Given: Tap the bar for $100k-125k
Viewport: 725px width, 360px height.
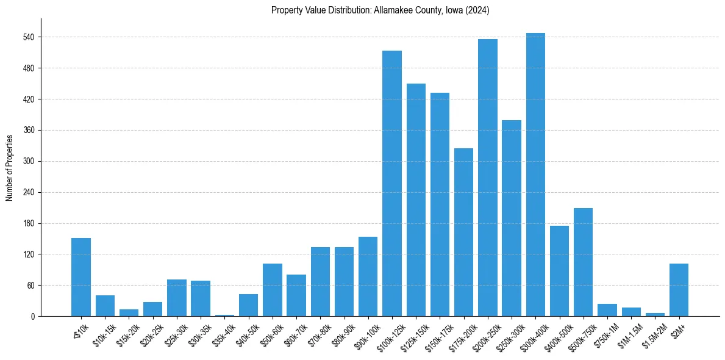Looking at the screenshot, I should tap(391, 183).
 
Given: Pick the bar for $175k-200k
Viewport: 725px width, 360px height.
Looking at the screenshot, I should tap(463, 232).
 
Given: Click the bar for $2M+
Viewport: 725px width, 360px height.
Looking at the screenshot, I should tap(679, 290).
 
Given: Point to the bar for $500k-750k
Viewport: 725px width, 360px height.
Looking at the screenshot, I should tap(583, 262).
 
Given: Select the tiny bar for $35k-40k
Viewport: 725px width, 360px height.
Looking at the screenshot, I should tap(224, 315).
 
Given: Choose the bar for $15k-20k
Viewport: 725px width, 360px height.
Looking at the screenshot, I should tap(129, 312).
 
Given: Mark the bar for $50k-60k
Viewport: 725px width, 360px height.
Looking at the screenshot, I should tap(272, 290).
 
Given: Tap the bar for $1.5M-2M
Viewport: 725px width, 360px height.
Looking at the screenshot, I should tap(655, 314).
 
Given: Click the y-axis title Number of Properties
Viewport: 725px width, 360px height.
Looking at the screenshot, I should tap(10, 167).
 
